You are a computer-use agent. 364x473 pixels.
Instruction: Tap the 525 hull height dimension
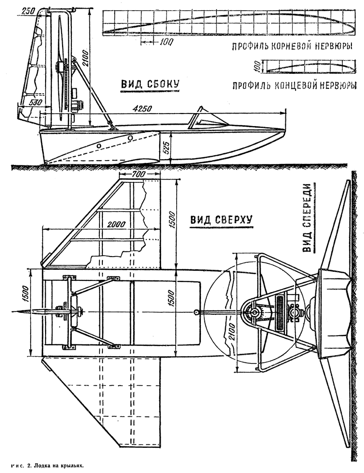[x=167, y=148]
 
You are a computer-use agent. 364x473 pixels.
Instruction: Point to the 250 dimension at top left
[x=28, y=11]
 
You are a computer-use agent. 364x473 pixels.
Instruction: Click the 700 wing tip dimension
[x=139, y=174]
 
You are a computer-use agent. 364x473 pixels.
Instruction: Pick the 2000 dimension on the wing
[x=116, y=225]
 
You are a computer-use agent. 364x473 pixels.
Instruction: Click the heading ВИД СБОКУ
[x=150, y=84]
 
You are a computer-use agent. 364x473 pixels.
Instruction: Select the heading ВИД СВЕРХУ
[x=221, y=220]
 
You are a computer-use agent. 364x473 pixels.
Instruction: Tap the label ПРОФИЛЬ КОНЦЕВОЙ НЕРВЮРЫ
[x=294, y=86]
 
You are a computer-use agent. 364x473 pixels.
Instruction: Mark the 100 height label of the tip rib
[x=257, y=66]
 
